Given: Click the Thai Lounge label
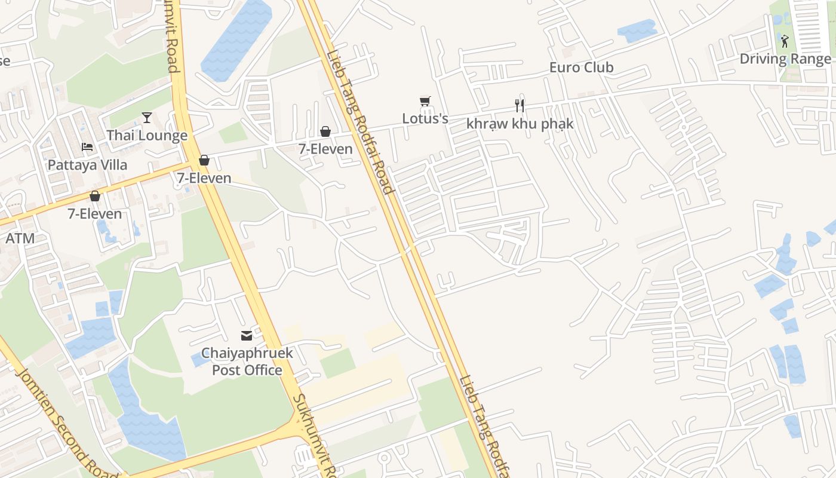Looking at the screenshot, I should [147, 136].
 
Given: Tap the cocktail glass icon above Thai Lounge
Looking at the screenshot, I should [147, 117].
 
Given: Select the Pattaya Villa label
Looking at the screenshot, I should [87, 165].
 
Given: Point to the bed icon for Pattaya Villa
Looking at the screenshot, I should [87, 147].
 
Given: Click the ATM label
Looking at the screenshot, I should [20, 238].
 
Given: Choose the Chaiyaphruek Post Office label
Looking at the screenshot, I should [247, 361].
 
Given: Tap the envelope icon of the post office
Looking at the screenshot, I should [247, 336].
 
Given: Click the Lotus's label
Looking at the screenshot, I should [425, 118].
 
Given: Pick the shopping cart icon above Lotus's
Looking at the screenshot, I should [425, 101].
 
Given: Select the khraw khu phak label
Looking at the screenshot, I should [520, 124].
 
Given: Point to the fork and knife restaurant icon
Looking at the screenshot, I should [520, 106].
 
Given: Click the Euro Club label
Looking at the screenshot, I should [581, 68].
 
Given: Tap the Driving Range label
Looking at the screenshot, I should [785, 59].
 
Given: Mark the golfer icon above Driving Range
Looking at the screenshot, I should [785, 41].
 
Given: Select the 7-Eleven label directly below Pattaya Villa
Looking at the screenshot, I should [94, 214].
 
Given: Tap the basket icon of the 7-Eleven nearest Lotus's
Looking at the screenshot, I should [325, 131].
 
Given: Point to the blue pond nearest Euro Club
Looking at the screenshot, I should [637, 30].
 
